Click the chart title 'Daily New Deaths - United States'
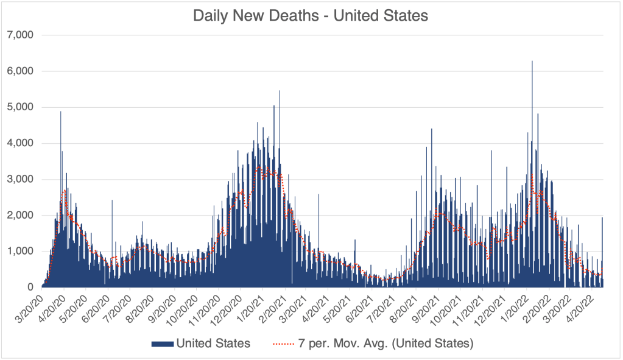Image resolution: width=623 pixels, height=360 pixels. pos(311,15)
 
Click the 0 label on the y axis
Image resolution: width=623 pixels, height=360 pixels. pos(30,287)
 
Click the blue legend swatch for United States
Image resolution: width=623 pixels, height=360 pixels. pos(161,344)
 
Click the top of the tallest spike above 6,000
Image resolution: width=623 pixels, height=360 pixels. pos(532,62)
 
